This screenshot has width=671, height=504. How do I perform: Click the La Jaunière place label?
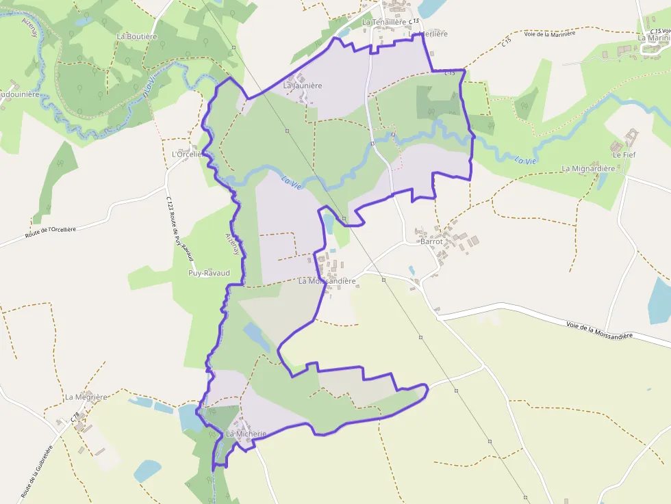point(303,86)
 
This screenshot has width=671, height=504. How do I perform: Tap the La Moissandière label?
point(327,281)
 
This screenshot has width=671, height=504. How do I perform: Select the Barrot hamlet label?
point(432,241)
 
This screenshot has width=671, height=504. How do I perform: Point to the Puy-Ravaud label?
point(209,273)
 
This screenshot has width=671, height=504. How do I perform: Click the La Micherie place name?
point(246,434)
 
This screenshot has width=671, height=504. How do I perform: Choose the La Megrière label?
point(86,397)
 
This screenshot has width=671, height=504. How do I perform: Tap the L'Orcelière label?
point(188,155)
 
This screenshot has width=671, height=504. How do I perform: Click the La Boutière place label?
point(137,36)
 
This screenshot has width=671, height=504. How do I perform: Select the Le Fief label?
point(624,155)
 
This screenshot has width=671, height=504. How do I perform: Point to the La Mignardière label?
point(589,168)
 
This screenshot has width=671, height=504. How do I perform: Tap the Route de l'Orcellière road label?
point(51,233)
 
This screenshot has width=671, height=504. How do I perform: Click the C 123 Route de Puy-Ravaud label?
point(181,229)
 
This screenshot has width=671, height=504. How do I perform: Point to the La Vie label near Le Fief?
point(524,160)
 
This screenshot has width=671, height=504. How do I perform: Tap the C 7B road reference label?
point(75,416)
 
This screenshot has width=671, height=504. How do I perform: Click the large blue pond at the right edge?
point(660,301)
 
